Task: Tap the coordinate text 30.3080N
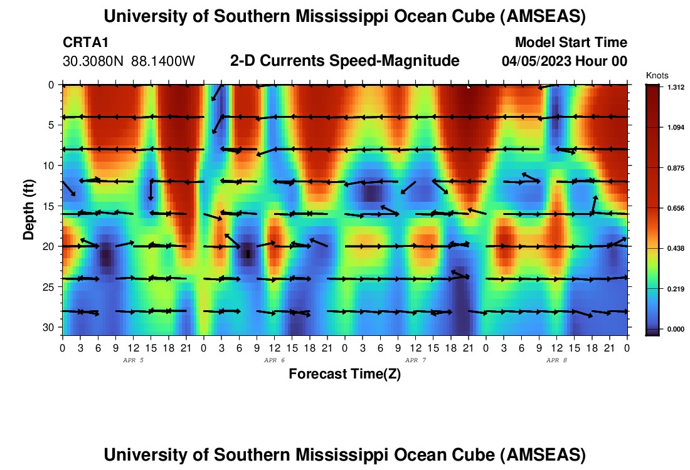coord(93,61)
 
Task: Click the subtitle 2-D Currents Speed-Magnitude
coord(344,61)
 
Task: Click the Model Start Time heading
coord(570,43)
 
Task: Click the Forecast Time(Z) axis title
coord(344,374)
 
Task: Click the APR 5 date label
coord(133,360)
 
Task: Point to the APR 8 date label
coord(556,360)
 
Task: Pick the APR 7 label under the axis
coord(415,360)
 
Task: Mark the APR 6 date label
coord(274,360)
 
